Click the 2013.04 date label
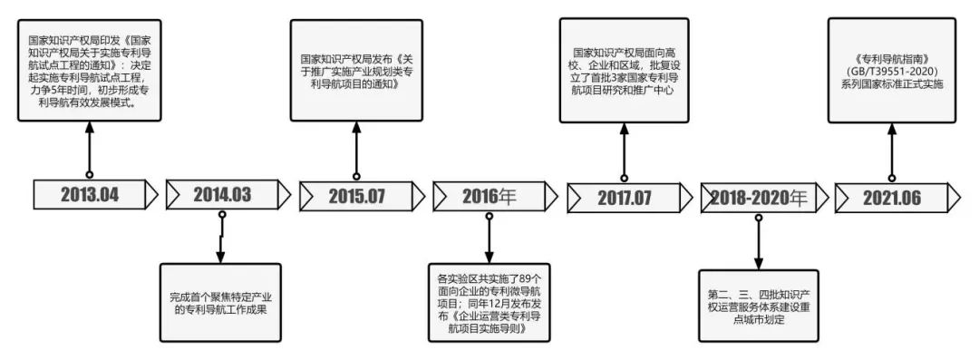[x=91, y=194]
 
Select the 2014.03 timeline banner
[x=222, y=194]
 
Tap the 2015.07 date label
[x=356, y=194]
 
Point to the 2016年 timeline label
[x=489, y=195]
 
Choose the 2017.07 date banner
[x=624, y=195]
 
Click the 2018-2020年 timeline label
[x=757, y=195]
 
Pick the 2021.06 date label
[x=890, y=194]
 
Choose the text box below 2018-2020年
[x=758, y=304]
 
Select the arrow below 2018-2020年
[x=758, y=239]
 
